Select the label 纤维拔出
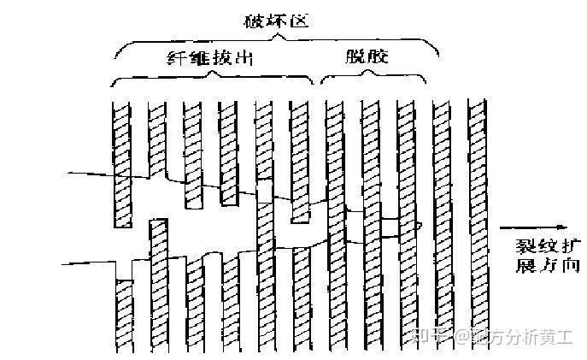coord(211,59)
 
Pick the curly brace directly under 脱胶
coord(373,79)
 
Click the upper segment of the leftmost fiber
coord(121,162)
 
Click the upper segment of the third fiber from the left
coord(193,154)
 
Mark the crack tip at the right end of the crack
coord(420,225)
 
